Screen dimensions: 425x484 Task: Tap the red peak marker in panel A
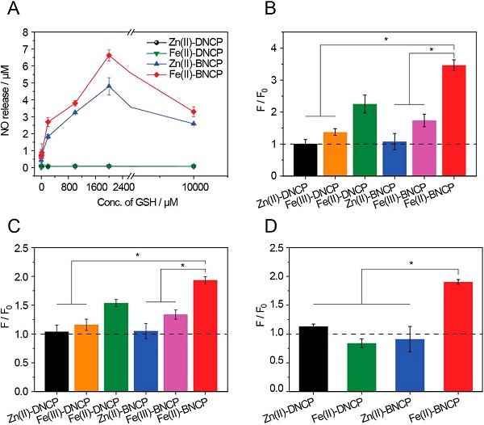tap(109, 56)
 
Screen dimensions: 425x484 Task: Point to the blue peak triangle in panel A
tap(109, 86)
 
